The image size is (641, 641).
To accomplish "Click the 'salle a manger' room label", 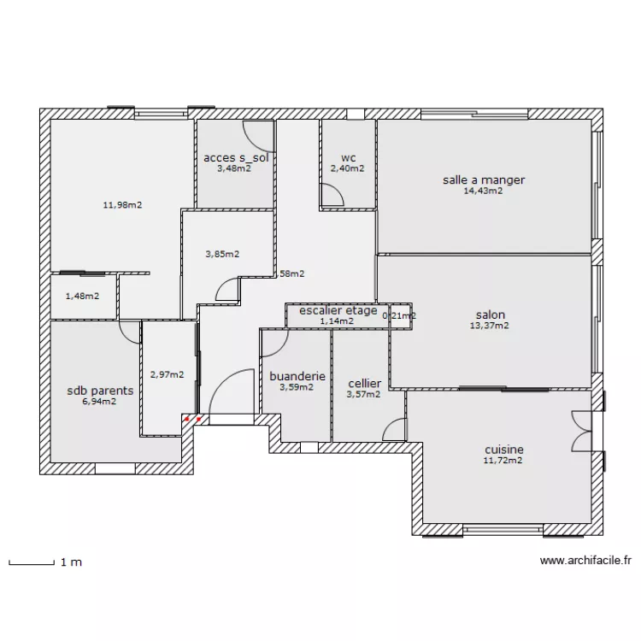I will pos(483,179).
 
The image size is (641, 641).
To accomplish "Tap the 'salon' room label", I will pos(490,314).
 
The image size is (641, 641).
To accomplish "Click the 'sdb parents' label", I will pos(100,391).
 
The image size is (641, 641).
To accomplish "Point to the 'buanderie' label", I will pos(297,375).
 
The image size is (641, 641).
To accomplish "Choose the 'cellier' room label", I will pos(364,384).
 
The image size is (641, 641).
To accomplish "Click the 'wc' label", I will pos(348,158).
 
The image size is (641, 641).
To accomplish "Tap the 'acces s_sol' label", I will pos(234,158).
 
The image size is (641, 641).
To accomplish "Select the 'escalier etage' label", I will pos(338,310).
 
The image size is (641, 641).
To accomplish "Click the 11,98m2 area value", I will pos(122,205).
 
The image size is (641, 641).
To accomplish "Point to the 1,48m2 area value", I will pos(82,297).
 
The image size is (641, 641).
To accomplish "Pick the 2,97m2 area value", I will pos(167,373).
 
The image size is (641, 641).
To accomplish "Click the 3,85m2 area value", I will pos(222,254).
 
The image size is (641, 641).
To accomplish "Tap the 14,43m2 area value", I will pos(483,191).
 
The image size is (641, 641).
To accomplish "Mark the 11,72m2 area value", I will pos(503,461).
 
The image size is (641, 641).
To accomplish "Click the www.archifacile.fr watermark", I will pos(586,562).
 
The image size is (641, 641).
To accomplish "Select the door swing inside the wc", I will pos(332,196).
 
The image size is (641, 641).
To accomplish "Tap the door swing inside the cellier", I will pos(395,430).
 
